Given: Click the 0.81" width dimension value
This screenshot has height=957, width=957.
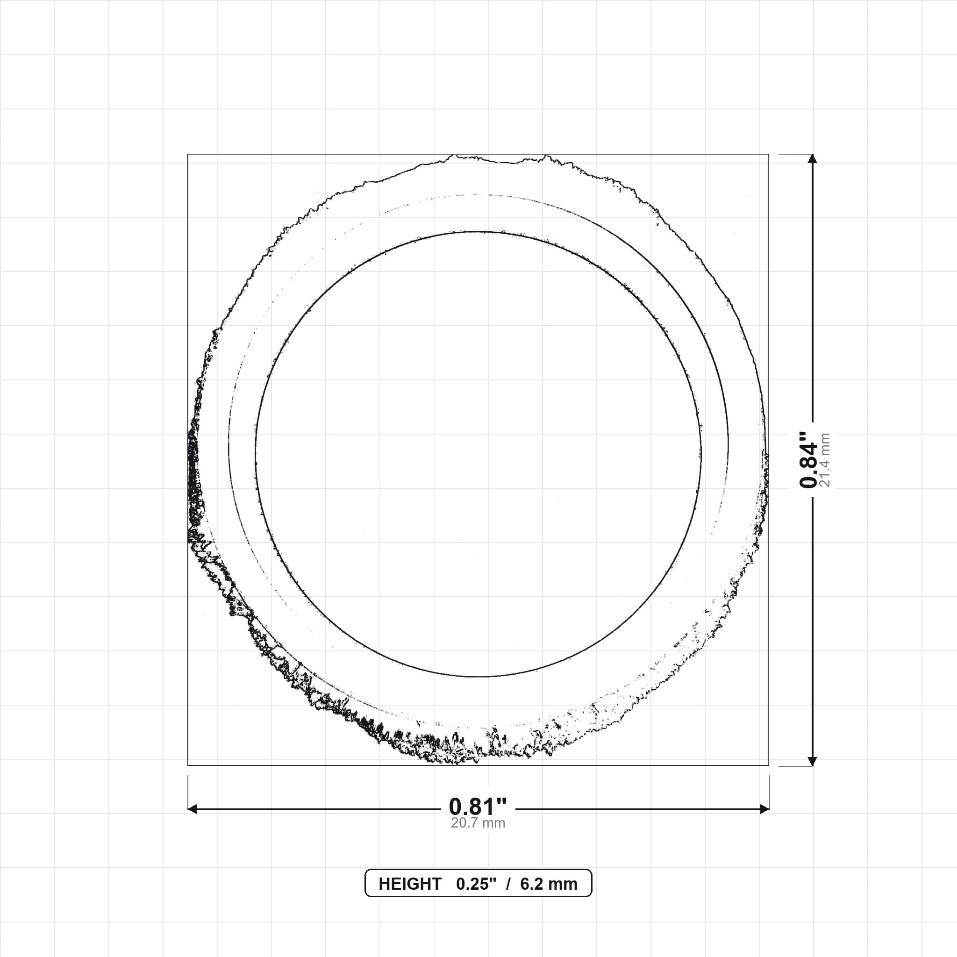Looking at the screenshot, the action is point(478,807).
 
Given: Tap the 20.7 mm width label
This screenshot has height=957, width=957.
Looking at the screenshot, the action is point(478,823).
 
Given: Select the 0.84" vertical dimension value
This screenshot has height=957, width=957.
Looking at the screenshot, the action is point(808,459).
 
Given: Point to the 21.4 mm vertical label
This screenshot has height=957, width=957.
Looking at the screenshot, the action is point(825,460).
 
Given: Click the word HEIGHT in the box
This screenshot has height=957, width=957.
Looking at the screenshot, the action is point(410,884).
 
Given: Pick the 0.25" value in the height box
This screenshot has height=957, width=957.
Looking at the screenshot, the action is point(476,884).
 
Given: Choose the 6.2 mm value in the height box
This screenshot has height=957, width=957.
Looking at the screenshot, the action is point(549,884).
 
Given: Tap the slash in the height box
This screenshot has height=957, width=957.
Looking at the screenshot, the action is point(508,884).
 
